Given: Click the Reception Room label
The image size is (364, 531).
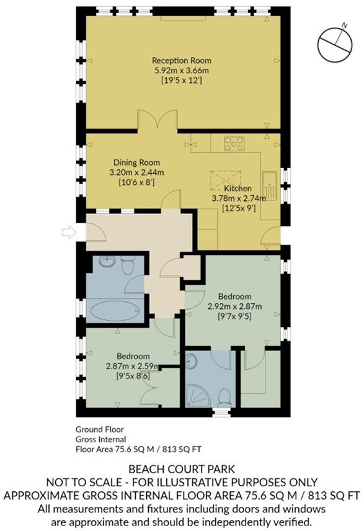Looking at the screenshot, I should (182, 61).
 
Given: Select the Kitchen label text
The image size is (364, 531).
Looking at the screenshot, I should (237, 188).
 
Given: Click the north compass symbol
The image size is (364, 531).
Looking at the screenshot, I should (334, 43).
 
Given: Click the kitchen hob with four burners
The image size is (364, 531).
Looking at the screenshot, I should (234, 144).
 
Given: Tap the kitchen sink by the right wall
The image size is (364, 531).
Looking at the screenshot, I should (270, 185).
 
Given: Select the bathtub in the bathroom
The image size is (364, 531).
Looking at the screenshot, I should (116, 309).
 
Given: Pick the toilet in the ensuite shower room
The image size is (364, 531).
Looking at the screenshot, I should (223, 395).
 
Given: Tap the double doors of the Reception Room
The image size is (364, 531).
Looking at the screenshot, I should (158, 120).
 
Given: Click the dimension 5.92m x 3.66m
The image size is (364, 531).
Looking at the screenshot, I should (182, 71).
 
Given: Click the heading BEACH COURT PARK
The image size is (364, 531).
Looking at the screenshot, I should (182, 469).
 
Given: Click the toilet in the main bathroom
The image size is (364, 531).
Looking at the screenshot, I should (128, 267).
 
